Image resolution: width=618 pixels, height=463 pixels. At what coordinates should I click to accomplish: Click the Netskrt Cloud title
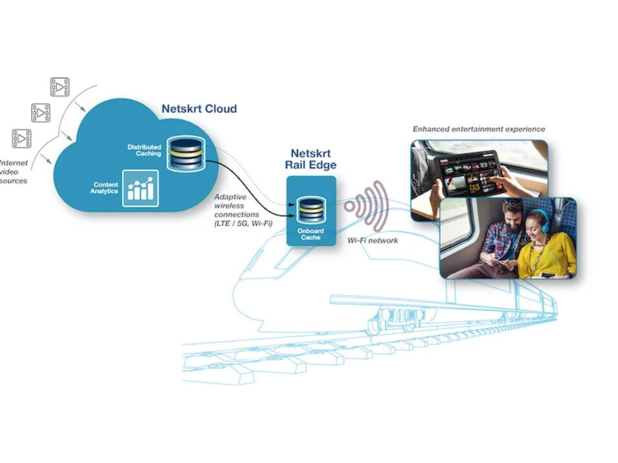[x=199, y=109]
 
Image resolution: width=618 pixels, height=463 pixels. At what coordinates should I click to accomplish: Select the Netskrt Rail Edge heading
[x=311, y=159]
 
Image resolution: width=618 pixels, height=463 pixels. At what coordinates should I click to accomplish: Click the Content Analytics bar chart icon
[x=140, y=188]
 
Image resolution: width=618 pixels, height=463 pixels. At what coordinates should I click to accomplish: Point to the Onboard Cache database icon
[x=311, y=210]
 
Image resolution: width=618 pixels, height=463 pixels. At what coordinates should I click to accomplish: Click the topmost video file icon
[x=60, y=87]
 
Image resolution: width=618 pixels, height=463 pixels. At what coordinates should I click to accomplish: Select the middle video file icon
[x=41, y=113]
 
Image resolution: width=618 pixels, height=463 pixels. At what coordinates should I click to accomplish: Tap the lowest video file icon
[x=22, y=138]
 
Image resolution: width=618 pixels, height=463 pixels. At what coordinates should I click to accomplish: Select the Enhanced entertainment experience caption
[x=478, y=129]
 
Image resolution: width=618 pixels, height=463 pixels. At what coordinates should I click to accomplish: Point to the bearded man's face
[x=513, y=216]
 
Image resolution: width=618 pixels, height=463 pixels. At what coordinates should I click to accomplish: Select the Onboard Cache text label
[x=311, y=234]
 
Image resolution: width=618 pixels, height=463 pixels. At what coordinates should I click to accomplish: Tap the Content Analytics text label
[x=105, y=188]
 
